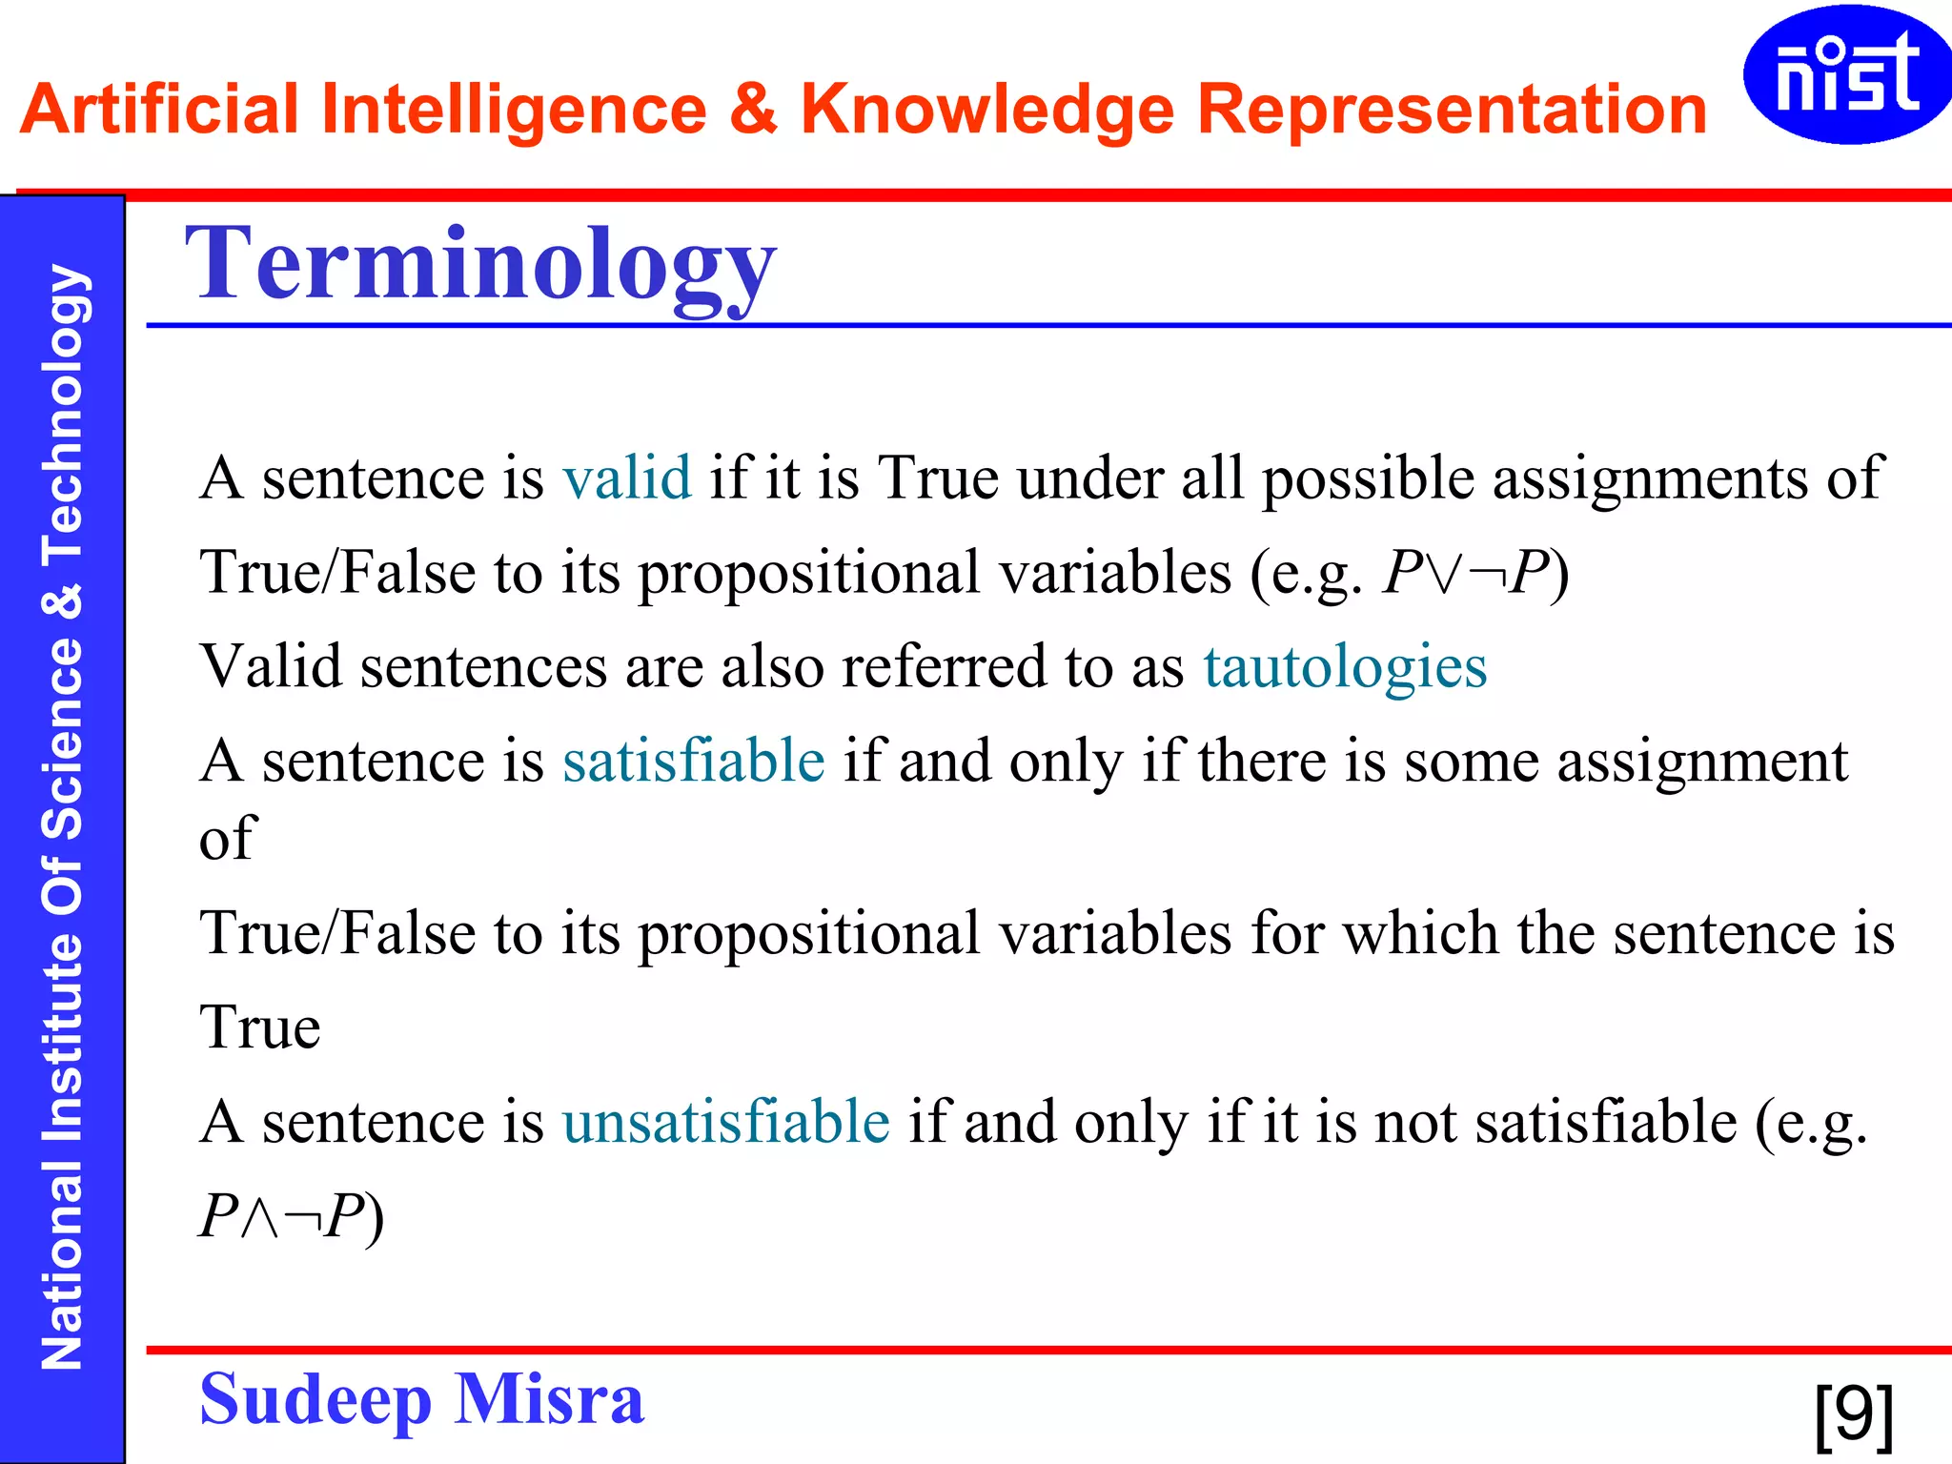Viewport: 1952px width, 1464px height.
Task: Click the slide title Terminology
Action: point(480,264)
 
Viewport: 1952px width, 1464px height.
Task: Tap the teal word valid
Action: point(626,478)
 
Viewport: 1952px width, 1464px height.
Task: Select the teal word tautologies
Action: point(1344,666)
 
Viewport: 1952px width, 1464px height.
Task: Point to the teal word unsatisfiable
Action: point(725,1122)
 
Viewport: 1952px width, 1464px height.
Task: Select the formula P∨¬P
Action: point(1467,573)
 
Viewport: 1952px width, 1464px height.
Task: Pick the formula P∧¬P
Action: point(282,1217)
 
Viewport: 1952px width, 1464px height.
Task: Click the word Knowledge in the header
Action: point(986,109)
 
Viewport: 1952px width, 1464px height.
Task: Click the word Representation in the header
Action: point(1451,109)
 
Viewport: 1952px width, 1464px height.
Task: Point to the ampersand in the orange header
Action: point(753,109)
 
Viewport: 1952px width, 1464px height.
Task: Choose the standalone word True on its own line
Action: point(259,1027)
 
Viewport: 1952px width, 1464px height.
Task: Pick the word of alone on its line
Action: point(227,838)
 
